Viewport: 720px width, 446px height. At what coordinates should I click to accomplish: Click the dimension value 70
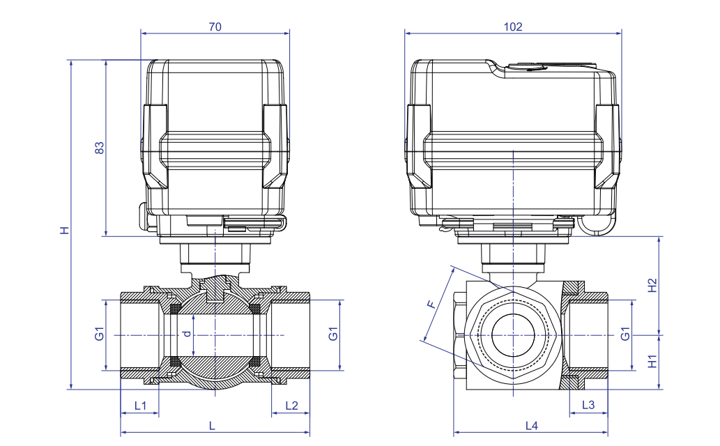pos(215,26)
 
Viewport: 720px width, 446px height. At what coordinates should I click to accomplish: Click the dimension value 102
pos(513,26)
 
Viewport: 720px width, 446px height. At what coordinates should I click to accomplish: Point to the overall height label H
pos(64,230)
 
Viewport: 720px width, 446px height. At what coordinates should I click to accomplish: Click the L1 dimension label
pos(140,406)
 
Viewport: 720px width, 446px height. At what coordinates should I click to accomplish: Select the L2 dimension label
pos(291,406)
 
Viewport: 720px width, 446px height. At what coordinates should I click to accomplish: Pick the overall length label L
pos(213,425)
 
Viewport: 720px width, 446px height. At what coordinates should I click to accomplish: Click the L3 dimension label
pos(588,406)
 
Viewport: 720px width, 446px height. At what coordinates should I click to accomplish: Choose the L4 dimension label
pos(532,425)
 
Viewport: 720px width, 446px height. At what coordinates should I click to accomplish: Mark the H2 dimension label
pos(652,285)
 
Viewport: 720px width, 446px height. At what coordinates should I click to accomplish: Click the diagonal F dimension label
pos(432,304)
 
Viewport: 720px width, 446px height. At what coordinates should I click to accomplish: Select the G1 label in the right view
pos(626,334)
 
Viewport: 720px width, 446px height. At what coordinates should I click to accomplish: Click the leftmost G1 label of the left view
pos(100,334)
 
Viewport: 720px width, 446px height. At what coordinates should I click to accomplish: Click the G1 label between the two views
pos(333,334)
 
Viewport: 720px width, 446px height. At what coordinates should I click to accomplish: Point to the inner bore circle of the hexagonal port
pos(512,335)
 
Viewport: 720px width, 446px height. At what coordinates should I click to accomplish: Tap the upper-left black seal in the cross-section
pos(175,307)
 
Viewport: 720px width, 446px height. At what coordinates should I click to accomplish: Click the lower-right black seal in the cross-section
pos(255,362)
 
